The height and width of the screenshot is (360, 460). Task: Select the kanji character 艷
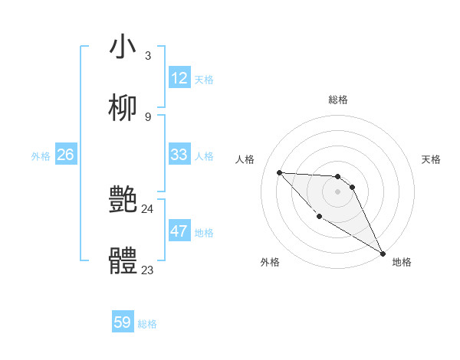tap(123, 201)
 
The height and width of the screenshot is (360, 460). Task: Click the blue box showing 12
tap(179, 78)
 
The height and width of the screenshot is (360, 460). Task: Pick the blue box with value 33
tap(179, 155)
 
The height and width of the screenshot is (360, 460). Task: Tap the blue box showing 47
tap(179, 231)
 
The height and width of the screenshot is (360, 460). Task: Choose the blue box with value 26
tap(66, 155)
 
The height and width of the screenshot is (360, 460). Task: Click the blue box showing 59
tap(123, 322)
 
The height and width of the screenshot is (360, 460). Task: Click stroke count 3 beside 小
tap(147, 55)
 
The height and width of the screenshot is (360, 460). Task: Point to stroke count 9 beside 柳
tap(147, 116)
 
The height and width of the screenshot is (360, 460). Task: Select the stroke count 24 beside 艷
tap(147, 208)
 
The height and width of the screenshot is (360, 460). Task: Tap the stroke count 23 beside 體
tap(147, 270)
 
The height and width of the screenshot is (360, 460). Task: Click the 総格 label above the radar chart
tap(337, 100)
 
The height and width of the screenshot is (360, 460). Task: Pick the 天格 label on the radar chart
tap(431, 159)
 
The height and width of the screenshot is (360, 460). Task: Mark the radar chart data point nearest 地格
tap(383, 254)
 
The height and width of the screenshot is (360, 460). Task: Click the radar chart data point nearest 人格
tap(279, 172)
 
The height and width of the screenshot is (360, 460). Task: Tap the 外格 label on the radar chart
tap(270, 262)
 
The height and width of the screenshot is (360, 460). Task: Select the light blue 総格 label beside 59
tap(147, 324)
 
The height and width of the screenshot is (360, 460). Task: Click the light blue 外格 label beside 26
tap(41, 156)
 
